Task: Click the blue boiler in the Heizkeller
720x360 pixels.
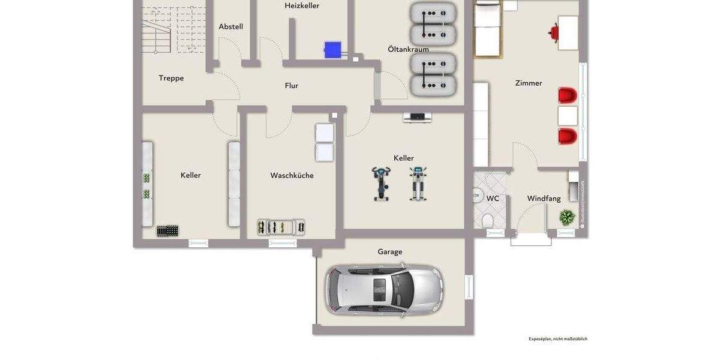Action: (x=332, y=49)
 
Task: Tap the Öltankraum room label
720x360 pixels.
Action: (x=408, y=49)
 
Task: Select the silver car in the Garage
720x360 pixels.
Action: (x=384, y=290)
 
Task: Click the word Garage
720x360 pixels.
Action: (x=390, y=252)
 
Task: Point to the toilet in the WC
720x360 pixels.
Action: (x=487, y=220)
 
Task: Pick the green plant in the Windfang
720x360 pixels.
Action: (x=567, y=217)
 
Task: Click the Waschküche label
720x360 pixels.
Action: (x=292, y=176)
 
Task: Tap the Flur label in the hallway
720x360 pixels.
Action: (x=292, y=86)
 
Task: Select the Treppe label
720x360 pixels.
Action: (x=171, y=78)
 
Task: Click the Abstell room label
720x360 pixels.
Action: (x=230, y=27)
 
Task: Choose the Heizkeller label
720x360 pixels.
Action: (x=302, y=6)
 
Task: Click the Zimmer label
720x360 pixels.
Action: (x=529, y=83)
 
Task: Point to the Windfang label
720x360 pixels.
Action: (x=543, y=199)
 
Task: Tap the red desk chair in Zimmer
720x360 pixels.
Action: (x=554, y=32)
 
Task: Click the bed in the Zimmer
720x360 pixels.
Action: (x=487, y=29)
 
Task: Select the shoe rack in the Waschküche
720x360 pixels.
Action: (x=281, y=227)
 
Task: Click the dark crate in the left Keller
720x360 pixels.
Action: (x=167, y=230)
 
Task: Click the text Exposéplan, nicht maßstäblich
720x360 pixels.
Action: (x=558, y=339)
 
